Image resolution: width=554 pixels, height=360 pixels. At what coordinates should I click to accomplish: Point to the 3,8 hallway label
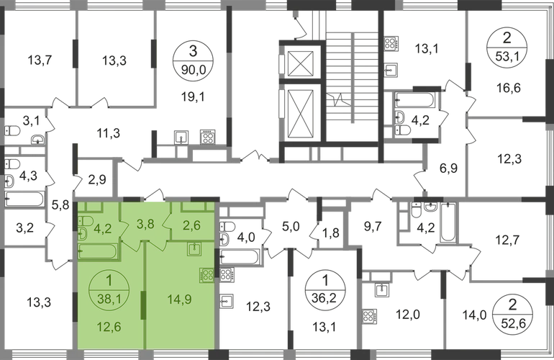pos(146,222)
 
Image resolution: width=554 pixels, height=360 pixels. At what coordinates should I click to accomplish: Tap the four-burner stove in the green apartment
pos(207,275)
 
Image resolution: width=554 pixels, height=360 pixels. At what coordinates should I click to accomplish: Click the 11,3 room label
pos(109,132)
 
